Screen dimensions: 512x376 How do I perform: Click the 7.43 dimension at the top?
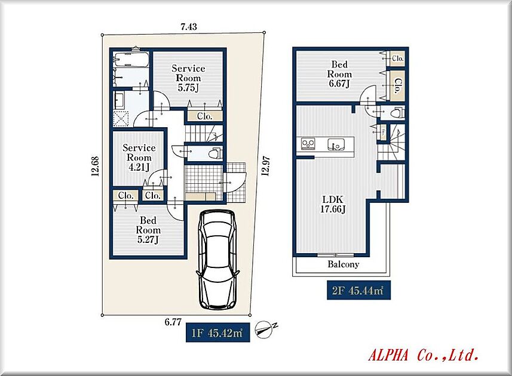[189, 26]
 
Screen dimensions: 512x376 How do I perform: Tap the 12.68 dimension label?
[95, 167]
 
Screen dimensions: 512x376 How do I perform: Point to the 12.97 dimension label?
[266, 166]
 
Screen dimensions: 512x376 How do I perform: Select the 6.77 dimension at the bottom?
[173, 322]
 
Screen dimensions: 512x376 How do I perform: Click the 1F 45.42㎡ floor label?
[218, 332]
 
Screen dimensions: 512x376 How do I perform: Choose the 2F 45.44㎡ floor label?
[358, 290]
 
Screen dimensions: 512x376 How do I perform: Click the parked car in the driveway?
[217, 259]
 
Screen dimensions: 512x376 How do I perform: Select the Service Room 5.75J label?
[188, 78]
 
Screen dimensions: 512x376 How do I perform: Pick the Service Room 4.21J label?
[139, 158]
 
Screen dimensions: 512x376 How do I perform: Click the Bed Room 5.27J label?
[148, 230]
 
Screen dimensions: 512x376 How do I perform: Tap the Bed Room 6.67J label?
[339, 74]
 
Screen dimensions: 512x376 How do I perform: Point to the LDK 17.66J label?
[333, 204]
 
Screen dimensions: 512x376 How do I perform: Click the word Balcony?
[343, 264]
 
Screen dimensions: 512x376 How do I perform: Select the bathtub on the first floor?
[131, 59]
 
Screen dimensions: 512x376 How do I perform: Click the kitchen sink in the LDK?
[336, 144]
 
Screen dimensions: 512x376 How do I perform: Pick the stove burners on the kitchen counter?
[308, 143]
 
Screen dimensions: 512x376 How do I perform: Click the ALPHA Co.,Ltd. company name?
[424, 355]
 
